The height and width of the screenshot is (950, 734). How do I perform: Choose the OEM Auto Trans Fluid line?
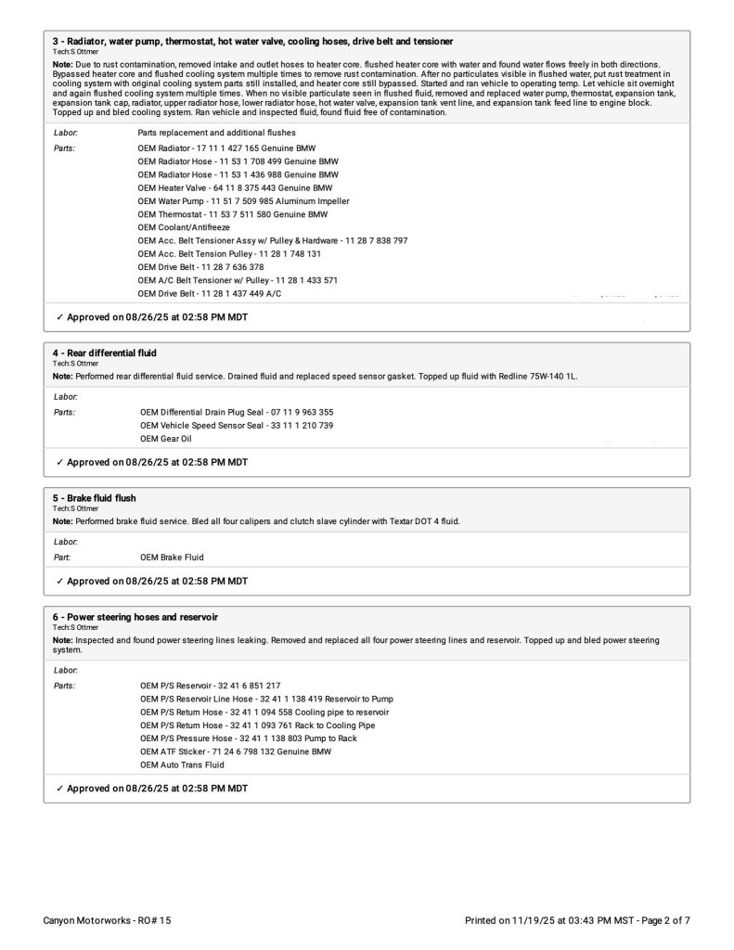coord(182,764)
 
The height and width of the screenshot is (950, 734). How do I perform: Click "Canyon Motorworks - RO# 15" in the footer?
coord(107,920)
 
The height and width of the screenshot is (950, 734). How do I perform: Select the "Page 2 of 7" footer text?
coord(660,920)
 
